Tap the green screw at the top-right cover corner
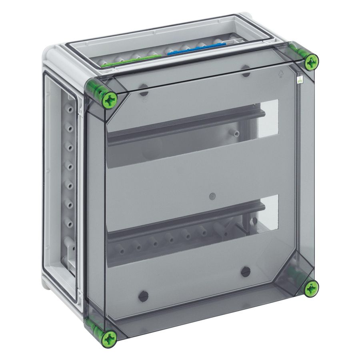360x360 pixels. (311, 61)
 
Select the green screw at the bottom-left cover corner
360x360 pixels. (109, 339)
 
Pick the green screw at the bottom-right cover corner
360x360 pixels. (311, 288)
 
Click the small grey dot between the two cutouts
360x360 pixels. (212, 196)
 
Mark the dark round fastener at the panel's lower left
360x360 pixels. (143, 296)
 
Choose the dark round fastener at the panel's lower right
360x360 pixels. (246, 272)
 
